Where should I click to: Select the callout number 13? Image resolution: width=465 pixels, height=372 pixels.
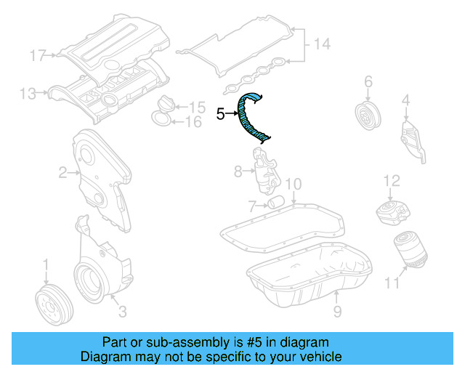[x=28, y=93]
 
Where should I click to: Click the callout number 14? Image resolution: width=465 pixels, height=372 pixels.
[x=322, y=44]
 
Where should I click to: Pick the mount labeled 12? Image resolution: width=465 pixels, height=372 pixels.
[x=392, y=211]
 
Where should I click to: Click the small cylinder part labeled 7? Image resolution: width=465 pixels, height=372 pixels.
[x=275, y=201]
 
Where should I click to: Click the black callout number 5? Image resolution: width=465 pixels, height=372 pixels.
[x=221, y=113]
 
